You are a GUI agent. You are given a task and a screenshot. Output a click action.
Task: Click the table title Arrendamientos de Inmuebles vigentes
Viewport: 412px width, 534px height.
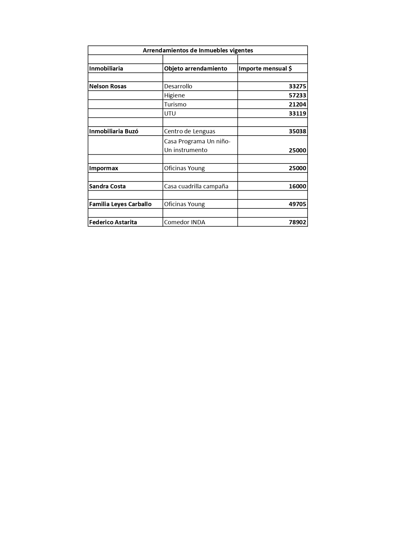click(198, 50)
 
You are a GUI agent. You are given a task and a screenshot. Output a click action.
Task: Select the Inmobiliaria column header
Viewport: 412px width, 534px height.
click(106, 69)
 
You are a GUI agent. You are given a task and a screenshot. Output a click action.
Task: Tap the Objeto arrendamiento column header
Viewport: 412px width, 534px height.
click(195, 69)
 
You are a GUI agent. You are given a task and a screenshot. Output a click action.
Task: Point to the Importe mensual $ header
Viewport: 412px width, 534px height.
click(265, 69)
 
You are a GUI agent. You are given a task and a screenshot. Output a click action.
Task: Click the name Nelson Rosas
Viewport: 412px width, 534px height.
click(108, 86)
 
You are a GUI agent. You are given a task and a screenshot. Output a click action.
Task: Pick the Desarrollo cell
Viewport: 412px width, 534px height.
click(178, 86)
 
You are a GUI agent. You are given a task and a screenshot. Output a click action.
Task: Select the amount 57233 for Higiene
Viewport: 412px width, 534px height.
click(297, 95)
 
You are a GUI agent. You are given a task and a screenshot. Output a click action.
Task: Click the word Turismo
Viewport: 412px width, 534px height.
click(175, 105)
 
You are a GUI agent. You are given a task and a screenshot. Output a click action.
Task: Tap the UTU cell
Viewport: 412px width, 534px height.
click(170, 114)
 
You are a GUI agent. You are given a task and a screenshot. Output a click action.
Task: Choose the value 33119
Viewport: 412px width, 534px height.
click(297, 114)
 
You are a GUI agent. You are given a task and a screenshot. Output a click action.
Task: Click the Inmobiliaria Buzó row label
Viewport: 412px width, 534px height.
click(113, 131)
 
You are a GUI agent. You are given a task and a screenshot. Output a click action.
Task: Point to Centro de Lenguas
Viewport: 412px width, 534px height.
click(189, 131)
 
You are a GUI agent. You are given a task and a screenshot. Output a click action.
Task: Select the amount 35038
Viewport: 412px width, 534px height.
click(297, 131)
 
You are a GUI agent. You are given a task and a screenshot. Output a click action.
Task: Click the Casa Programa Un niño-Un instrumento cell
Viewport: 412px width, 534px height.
click(197, 146)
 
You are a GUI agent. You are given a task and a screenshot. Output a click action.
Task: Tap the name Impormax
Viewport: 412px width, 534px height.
click(103, 168)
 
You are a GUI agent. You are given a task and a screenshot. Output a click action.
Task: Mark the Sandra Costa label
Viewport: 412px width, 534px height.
click(107, 186)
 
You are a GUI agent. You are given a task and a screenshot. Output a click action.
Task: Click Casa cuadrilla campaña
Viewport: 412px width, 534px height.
click(196, 186)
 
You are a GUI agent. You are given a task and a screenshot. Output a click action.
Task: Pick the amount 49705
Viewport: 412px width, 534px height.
click(297, 204)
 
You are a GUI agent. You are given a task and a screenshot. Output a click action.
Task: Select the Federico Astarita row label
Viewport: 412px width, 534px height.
click(113, 222)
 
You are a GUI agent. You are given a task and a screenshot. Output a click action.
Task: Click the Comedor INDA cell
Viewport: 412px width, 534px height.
click(185, 222)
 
